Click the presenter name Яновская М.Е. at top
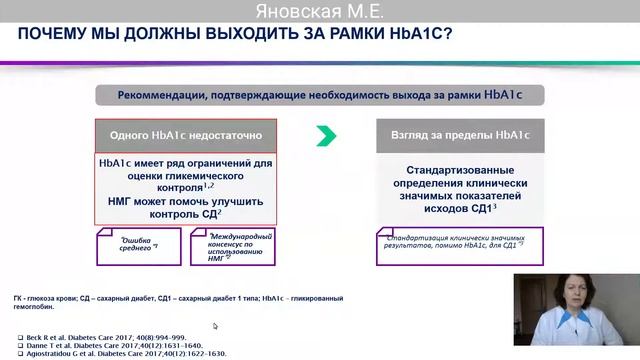tap(319, 11)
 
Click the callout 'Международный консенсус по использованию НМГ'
tap(234, 243)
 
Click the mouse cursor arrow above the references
tap(215, 325)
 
